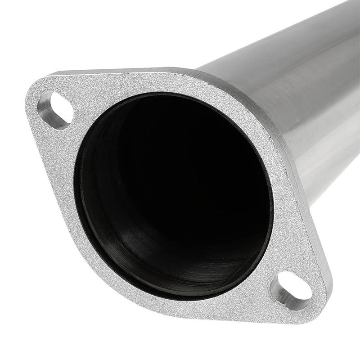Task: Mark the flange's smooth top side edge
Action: (135, 71)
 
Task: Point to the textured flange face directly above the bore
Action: (171, 83)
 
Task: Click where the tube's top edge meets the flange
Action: (198, 70)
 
